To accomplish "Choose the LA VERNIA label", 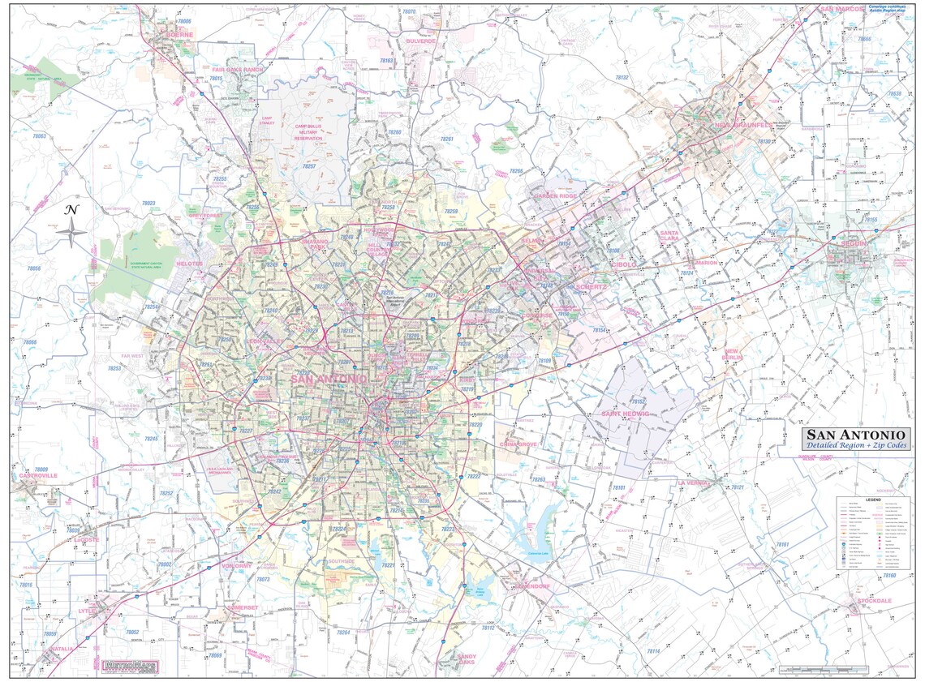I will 694,483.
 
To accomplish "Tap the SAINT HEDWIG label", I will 625,414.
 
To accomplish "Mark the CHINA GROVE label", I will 520,444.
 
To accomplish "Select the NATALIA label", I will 61,649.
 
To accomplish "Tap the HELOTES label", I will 189,264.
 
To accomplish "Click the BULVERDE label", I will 421,41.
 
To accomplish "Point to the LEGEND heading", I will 872,500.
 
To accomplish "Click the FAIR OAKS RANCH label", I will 238,70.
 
